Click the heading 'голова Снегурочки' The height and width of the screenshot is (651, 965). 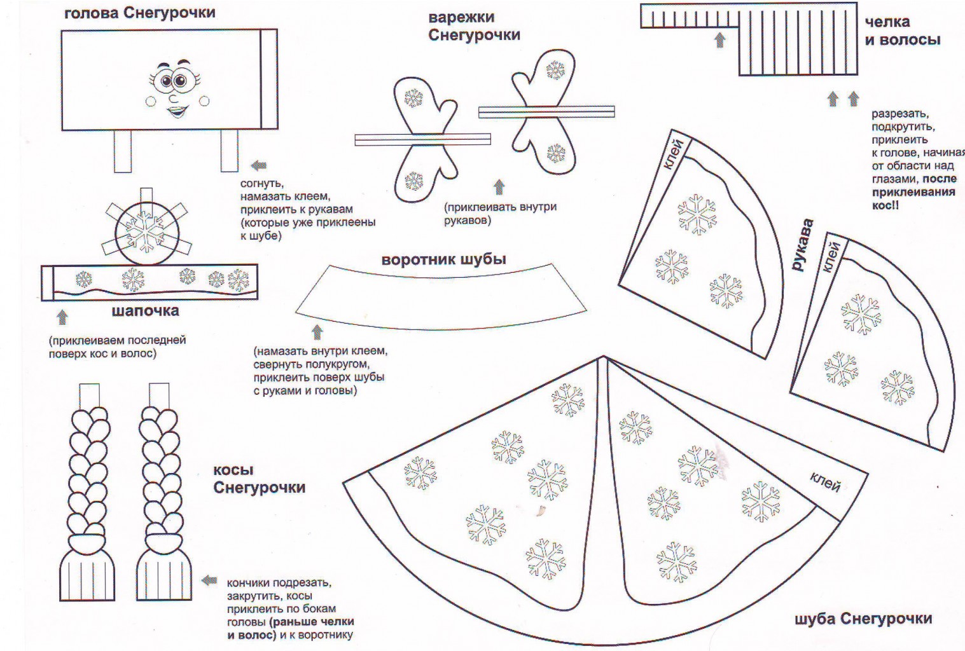[x=139, y=13]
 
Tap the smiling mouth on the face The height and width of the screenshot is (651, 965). [x=177, y=113]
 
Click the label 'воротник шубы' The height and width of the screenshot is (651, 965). [x=443, y=259]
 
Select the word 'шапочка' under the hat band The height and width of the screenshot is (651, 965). [x=145, y=311]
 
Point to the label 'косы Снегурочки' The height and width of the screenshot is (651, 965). [x=259, y=479]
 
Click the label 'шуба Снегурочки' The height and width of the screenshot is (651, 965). [x=863, y=619]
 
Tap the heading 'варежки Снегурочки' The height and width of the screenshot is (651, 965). [x=474, y=26]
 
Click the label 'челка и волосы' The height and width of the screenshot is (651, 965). [x=902, y=31]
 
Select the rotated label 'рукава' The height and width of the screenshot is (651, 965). [x=803, y=245]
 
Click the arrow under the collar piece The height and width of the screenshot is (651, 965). [x=317, y=332]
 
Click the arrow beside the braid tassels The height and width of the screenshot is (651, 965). [x=209, y=580]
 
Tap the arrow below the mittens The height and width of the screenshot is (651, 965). [x=499, y=187]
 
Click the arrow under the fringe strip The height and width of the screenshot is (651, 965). [x=719, y=40]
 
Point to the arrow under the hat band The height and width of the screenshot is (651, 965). [x=62, y=317]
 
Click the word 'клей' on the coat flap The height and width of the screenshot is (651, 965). [x=826, y=483]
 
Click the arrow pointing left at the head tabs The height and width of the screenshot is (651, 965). [x=258, y=166]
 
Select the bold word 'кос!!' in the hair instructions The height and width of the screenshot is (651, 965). [x=885, y=205]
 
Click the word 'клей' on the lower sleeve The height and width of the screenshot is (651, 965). [x=831, y=257]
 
